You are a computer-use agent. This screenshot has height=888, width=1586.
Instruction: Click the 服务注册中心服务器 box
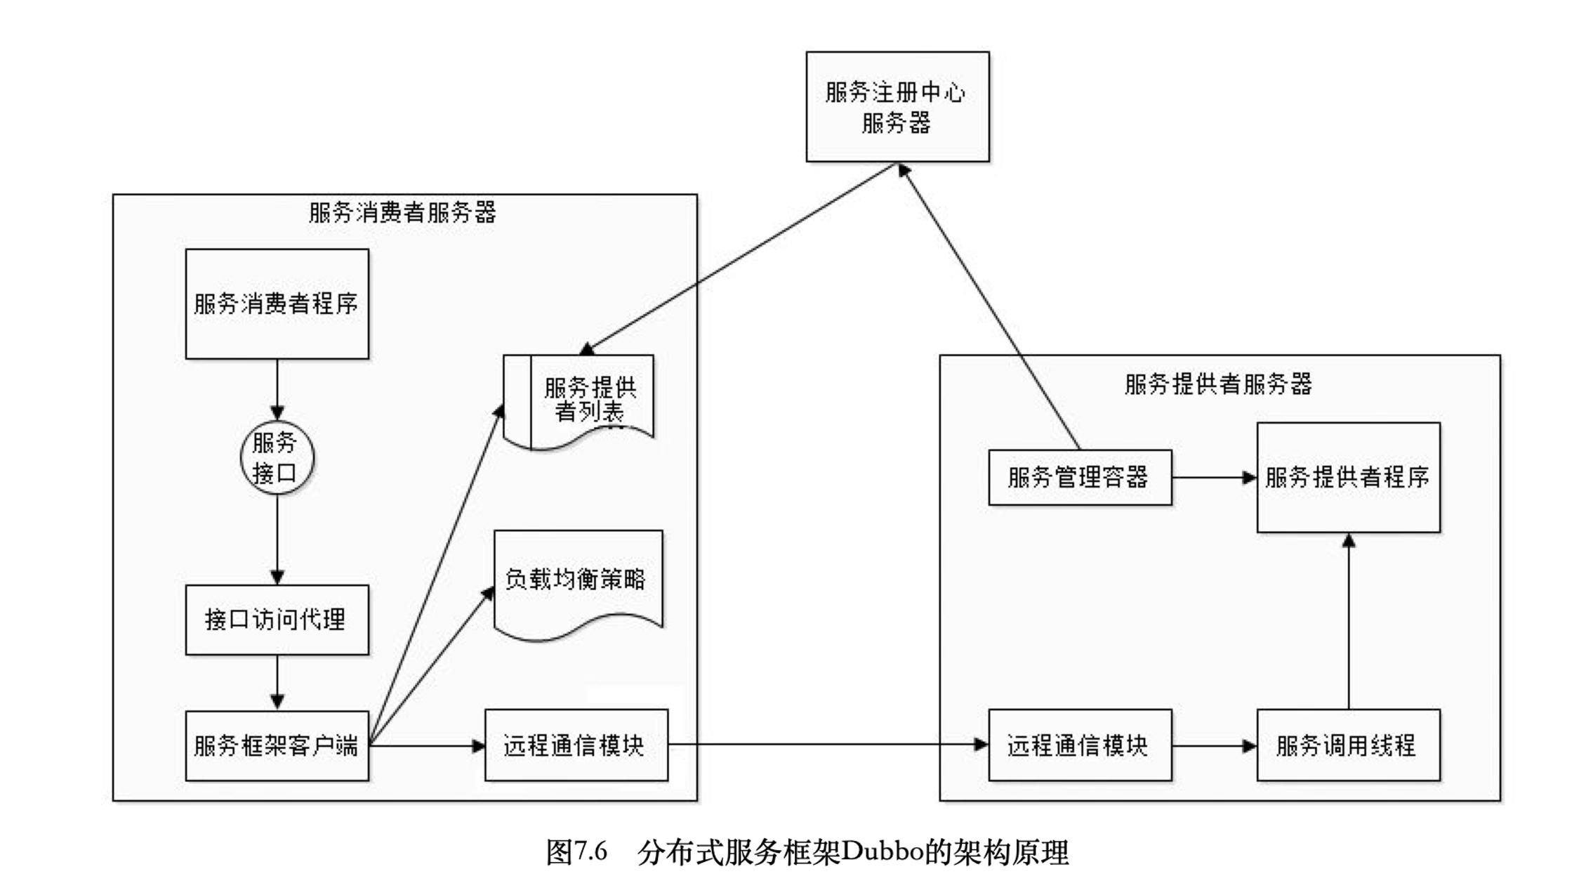click(x=897, y=107)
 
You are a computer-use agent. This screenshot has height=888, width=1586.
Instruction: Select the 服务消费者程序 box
click(x=277, y=303)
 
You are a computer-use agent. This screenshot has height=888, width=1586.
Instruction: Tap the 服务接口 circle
click(x=277, y=457)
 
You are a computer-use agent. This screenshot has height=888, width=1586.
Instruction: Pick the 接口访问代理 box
click(x=277, y=620)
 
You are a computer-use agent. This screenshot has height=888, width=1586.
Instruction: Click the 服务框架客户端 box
click(x=277, y=745)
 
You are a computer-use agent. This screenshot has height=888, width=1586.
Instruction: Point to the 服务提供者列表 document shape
click(x=580, y=400)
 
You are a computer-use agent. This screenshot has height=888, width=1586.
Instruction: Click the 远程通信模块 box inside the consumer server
click(x=576, y=745)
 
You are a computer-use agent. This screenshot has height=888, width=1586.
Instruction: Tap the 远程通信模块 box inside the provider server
click(x=1079, y=745)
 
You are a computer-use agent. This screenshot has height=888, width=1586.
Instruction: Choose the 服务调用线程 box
click(x=1347, y=745)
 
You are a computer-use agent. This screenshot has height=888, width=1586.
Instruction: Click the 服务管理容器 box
click(x=1079, y=478)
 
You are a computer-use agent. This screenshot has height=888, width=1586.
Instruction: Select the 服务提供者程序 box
click(x=1347, y=478)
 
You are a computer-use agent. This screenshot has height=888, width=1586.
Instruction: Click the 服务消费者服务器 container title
click(x=402, y=212)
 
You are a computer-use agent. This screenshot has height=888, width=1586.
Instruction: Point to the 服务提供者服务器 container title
click(x=1218, y=384)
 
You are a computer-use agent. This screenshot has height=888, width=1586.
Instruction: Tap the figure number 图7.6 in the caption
click(x=576, y=852)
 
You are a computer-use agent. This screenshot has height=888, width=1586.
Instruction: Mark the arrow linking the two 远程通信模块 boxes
click(x=828, y=744)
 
